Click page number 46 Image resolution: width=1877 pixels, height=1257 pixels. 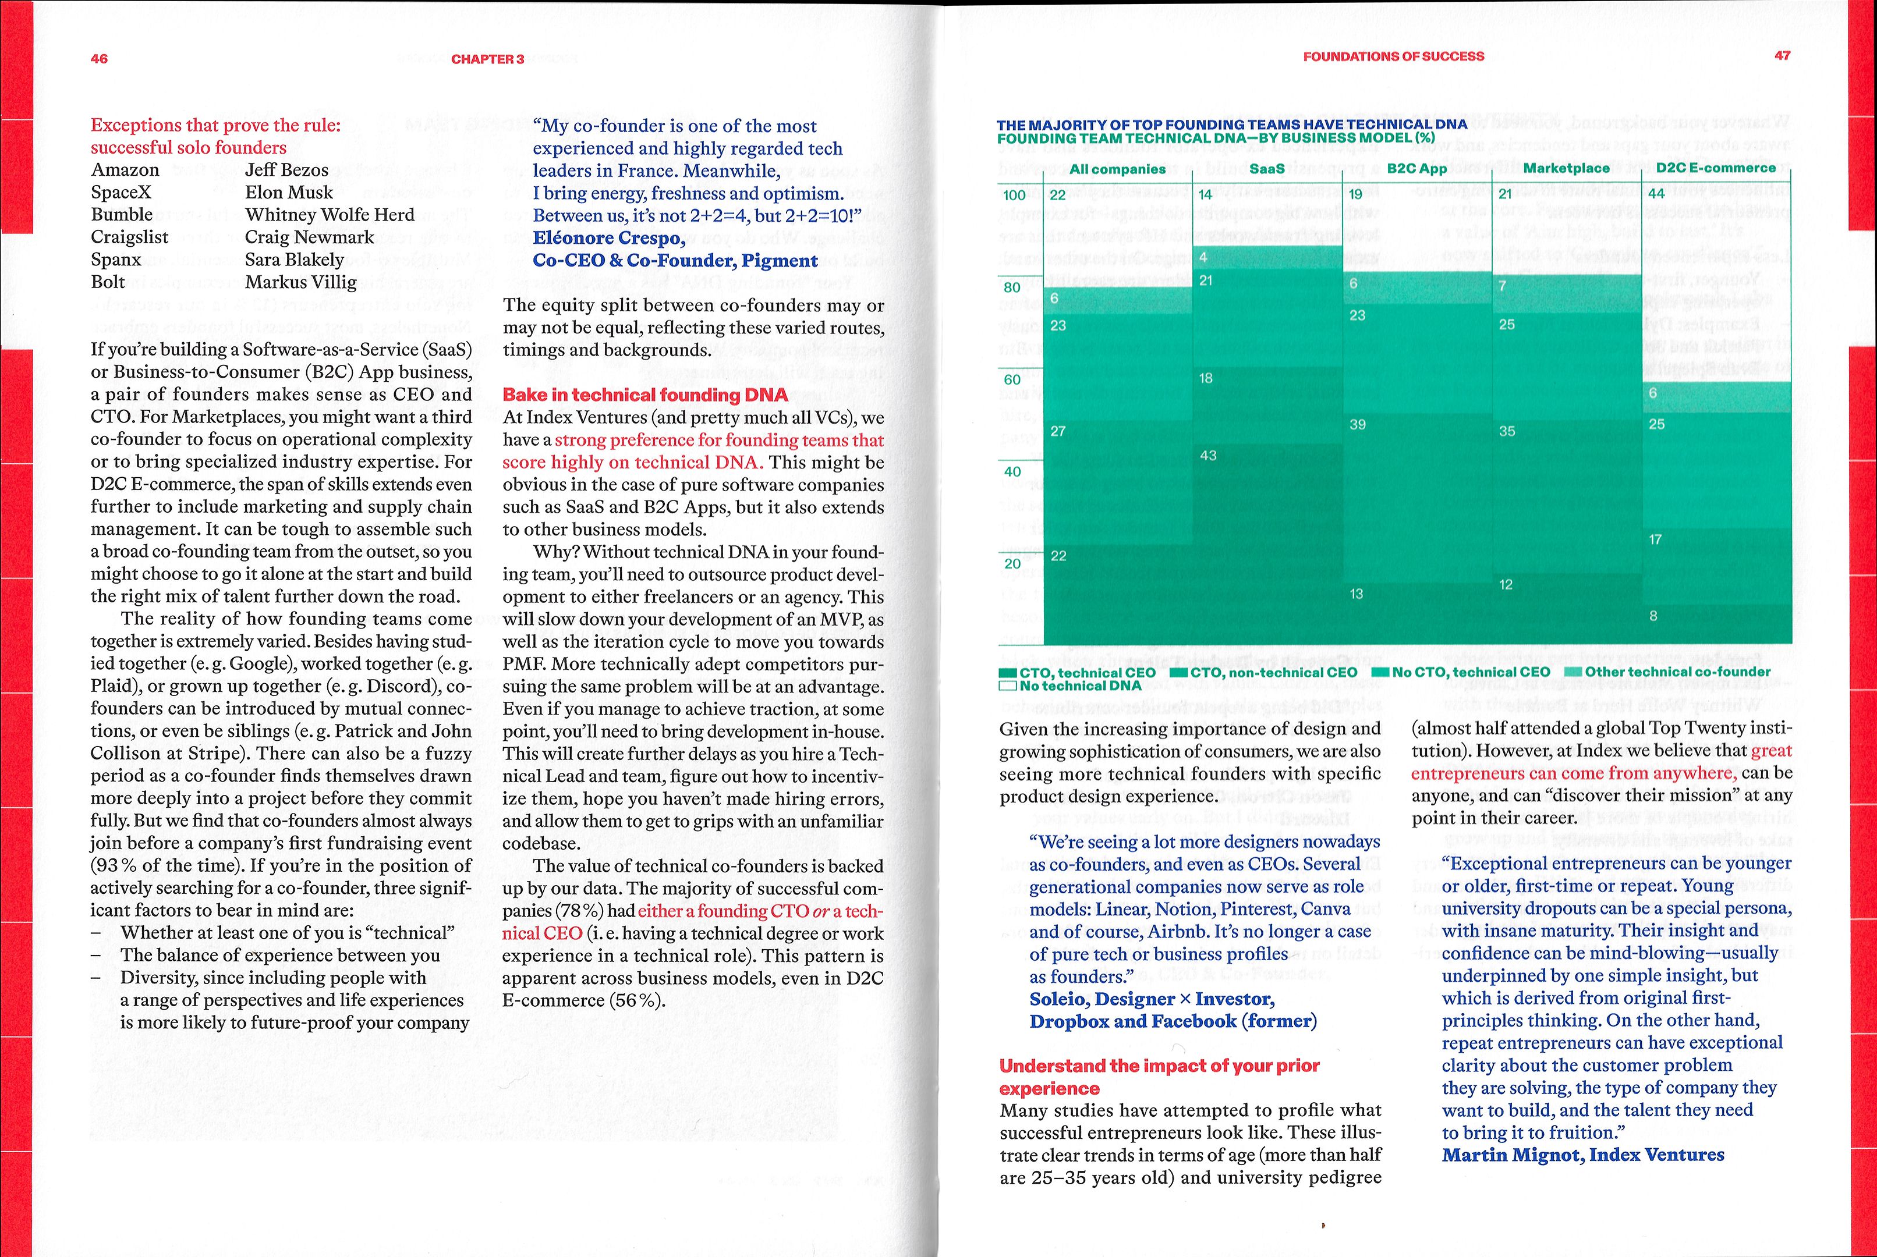(100, 59)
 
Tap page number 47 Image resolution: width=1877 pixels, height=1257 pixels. (1782, 55)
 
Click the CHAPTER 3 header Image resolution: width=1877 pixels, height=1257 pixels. (487, 59)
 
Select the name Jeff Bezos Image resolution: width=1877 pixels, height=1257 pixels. (287, 170)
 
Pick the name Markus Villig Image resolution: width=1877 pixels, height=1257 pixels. (300, 282)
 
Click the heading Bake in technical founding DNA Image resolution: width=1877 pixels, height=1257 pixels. (644, 395)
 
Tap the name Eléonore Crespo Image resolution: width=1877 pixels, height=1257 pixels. (608, 238)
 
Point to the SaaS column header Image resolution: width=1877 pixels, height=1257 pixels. (1267, 168)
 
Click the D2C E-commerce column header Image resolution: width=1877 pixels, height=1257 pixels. (1716, 168)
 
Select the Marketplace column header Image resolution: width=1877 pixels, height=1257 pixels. (1566, 168)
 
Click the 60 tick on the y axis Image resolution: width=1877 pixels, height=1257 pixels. (1012, 379)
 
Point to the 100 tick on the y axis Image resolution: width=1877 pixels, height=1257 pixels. (1014, 195)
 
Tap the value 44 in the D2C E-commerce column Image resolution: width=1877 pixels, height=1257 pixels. (1656, 193)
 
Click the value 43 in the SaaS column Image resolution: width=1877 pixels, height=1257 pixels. (1208, 455)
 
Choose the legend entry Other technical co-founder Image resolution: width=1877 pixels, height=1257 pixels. (1677, 672)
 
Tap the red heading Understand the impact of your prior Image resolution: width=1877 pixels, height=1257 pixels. (1159, 1066)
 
